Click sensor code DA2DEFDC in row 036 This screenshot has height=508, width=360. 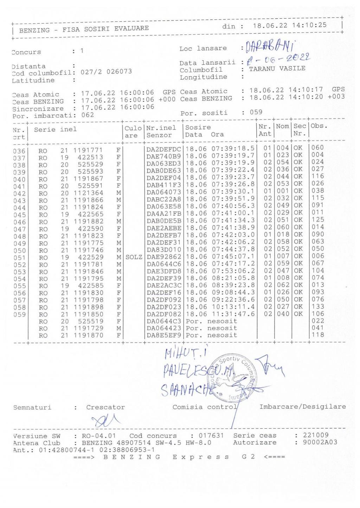click(x=163, y=148)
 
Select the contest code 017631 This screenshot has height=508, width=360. click(x=211, y=436)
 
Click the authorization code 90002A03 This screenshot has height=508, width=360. click(x=320, y=443)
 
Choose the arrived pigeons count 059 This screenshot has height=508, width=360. click(x=256, y=113)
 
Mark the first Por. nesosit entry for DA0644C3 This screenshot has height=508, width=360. click(x=211, y=321)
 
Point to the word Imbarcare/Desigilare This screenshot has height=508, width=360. click(x=302, y=407)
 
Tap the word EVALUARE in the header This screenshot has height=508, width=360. click(x=131, y=28)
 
